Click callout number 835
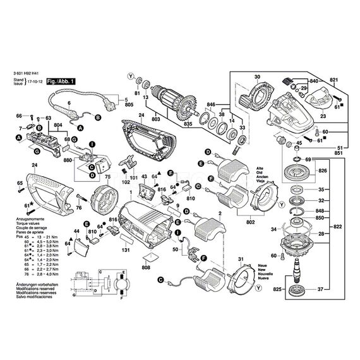coord(188,126)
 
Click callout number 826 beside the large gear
coord(322,171)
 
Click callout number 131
coord(126,250)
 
